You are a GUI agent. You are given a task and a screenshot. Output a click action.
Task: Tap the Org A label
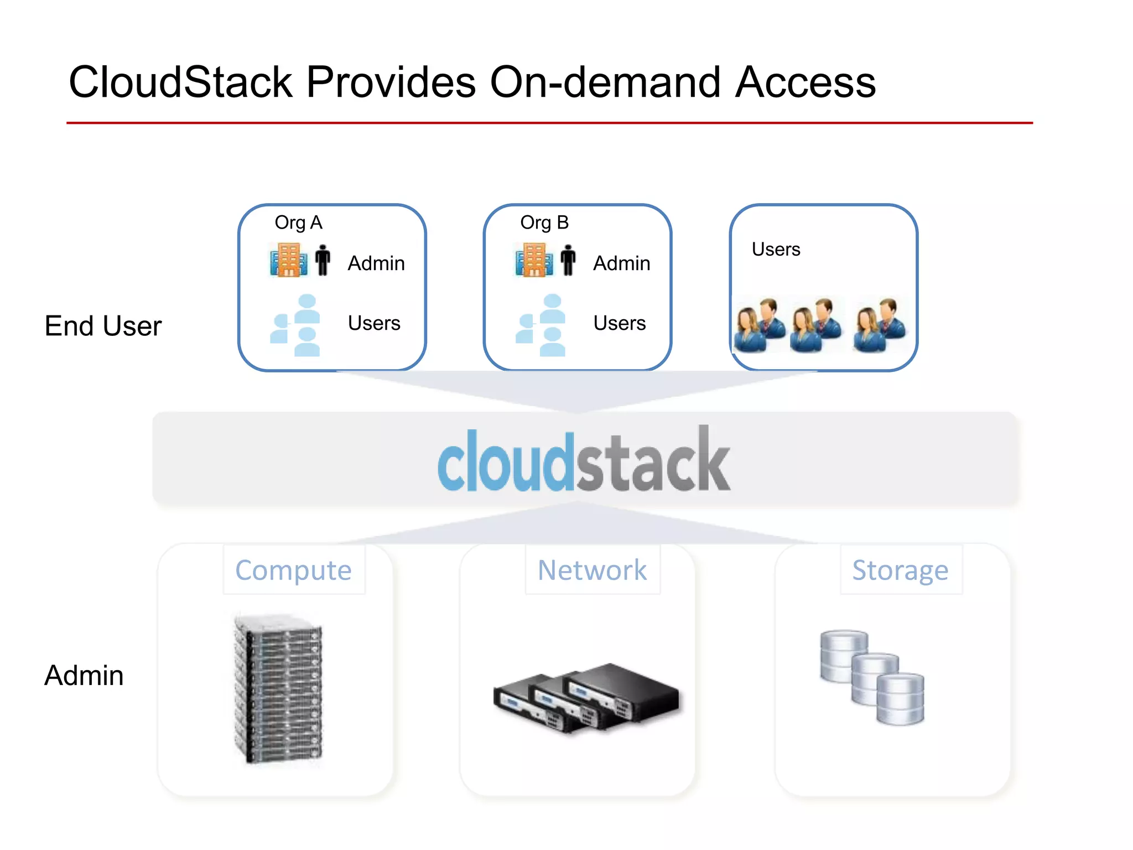(x=298, y=222)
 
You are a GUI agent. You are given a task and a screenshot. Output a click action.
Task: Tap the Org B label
(x=544, y=222)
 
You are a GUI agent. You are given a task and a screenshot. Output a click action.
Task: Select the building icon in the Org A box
(x=288, y=260)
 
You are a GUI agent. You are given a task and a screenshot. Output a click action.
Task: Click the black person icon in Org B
(x=568, y=260)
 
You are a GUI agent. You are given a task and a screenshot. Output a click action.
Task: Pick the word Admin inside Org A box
(x=376, y=263)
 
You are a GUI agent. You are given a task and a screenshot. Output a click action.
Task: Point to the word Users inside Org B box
(x=619, y=323)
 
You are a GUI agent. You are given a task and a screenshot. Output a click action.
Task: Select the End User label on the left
(x=103, y=326)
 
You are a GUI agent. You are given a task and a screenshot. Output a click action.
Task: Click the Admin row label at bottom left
(x=84, y=676)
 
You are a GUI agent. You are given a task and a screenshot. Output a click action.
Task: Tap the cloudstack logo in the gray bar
(x=584, y=460)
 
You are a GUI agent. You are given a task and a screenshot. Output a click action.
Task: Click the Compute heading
(x=293, y=571)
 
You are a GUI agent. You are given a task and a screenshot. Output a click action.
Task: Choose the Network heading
(x=592, y=571)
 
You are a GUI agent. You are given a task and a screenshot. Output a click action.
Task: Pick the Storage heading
(x=900, y=571)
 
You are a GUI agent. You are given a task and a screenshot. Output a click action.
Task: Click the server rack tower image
(x=278, y=689)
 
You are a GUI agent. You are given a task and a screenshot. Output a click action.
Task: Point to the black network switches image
(x=586, y=697)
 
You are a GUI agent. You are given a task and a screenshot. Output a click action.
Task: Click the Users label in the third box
(x=776, y=250)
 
